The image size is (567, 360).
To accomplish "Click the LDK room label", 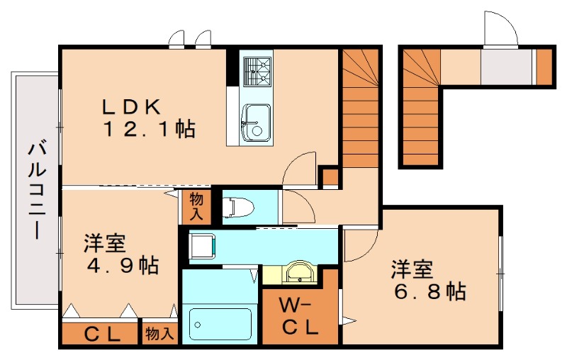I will click(133, 107).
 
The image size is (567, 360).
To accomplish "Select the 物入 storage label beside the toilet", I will click(196, 206).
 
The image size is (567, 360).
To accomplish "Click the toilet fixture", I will click(237, 206).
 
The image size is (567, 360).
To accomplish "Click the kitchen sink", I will click(255, 122).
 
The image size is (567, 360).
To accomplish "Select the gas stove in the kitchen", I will click(257, 70).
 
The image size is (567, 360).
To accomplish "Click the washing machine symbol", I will click(203, 245).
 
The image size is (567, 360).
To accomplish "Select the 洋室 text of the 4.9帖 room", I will click(105, 243).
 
